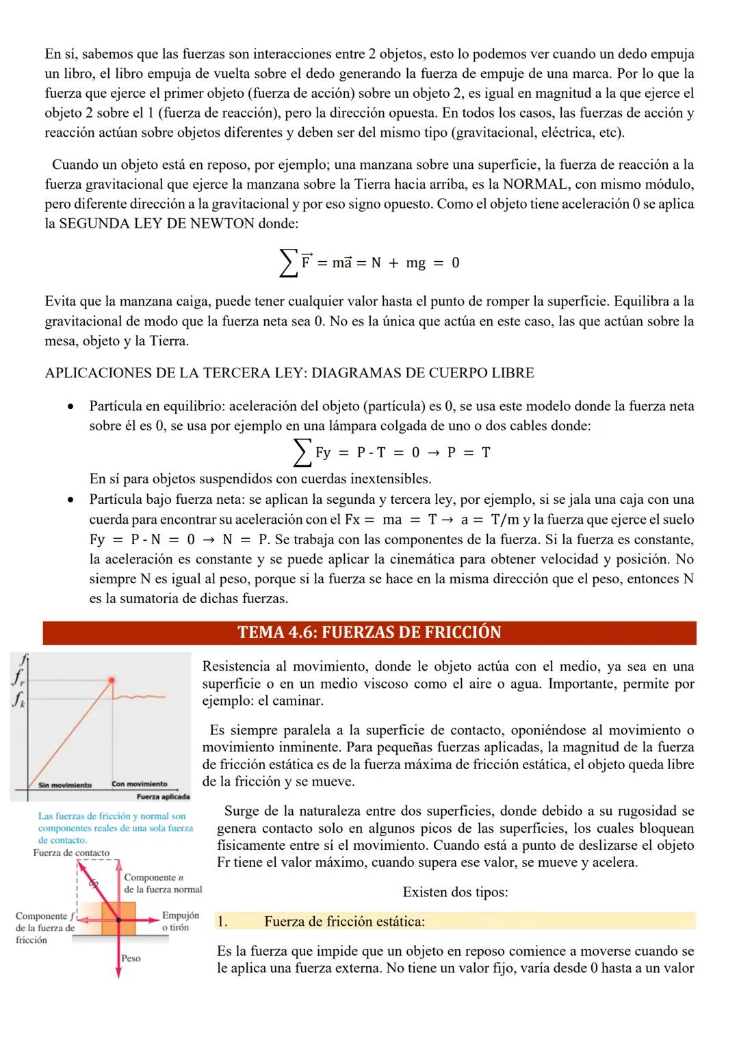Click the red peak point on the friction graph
[112, 680]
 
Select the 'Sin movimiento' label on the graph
[65, 785]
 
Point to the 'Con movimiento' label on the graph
[139, 784]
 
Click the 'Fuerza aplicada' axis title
[163, 797]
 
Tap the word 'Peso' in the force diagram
[131, 959]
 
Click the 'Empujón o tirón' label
[180, 921]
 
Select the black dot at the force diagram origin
[118, 921]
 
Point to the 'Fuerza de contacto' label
[70, 853]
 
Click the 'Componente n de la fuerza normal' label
[163, 883]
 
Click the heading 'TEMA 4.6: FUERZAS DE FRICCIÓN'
[369, 632]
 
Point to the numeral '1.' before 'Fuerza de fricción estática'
[222, 922]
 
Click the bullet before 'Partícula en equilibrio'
[70, 407]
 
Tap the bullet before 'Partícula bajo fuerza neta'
[70, 500]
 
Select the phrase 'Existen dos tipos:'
[455, 892]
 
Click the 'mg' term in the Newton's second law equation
[415, 263]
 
